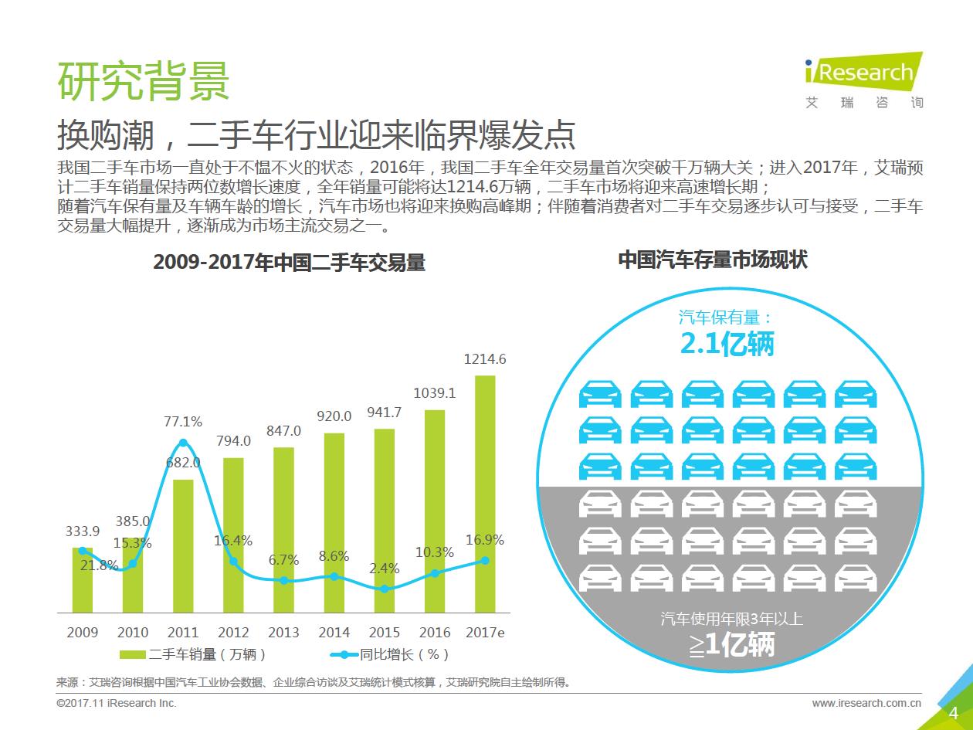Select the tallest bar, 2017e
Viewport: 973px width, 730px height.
(484, 494)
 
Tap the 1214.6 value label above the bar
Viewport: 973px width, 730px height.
(485, 359)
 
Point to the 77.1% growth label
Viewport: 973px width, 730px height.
(183, 422)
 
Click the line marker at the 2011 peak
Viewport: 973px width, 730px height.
(183, 443)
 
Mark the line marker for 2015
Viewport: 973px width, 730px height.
(385, 589)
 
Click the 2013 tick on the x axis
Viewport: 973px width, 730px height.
(283, 633)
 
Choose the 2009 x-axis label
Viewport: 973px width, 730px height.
(83, 633)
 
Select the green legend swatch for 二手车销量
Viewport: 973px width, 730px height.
(133, 655)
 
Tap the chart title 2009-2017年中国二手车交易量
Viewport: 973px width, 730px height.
(289, 263)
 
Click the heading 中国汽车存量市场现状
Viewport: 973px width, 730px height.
(713, 260)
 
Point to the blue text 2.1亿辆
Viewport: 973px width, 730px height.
(727, 344)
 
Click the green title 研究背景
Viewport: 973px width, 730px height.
(144, 80)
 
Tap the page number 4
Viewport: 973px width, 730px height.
(954, 712)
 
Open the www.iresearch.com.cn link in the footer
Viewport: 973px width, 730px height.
(866, 703)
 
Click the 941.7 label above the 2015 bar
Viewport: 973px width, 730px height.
(384, 413)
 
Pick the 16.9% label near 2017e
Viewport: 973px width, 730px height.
(485, 540)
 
